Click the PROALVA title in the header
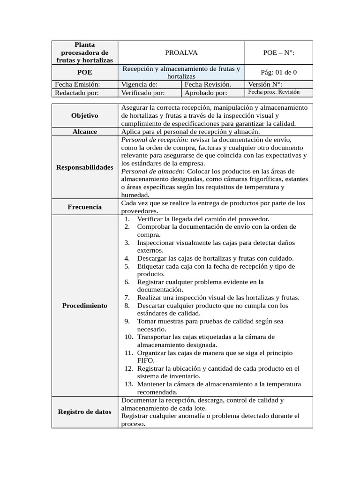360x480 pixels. (181, 53)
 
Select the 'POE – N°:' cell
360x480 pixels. (278, 53)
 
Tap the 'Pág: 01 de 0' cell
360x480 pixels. (278, 73)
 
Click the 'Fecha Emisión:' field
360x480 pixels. (78, 84)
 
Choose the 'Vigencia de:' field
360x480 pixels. (139, 84)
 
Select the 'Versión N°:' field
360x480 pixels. (265, 84)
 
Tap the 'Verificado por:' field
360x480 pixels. (142, 93)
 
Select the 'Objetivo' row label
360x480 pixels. (84, 115)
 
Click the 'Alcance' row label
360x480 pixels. (84, 132)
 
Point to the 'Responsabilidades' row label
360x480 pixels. (84, 167)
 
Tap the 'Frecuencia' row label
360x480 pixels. (84, 207)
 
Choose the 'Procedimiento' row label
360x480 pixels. (84, 306)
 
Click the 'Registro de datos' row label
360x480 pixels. (84, 412)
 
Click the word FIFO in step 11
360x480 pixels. (145, 361)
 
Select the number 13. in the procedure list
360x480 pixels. (129, 384)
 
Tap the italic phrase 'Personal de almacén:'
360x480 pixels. (152, 171)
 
